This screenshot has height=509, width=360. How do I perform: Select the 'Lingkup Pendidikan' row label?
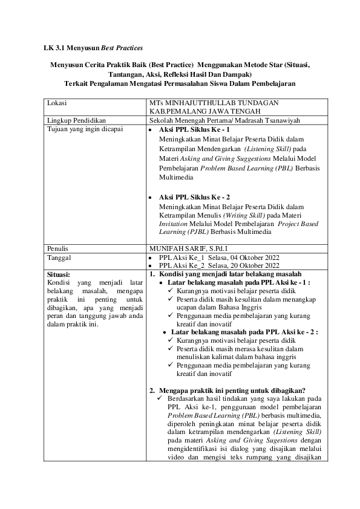pyautogui.click(x=73, y=121)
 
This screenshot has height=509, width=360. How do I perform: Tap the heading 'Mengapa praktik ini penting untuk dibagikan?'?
pyautogui.click(x=233, y=390)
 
